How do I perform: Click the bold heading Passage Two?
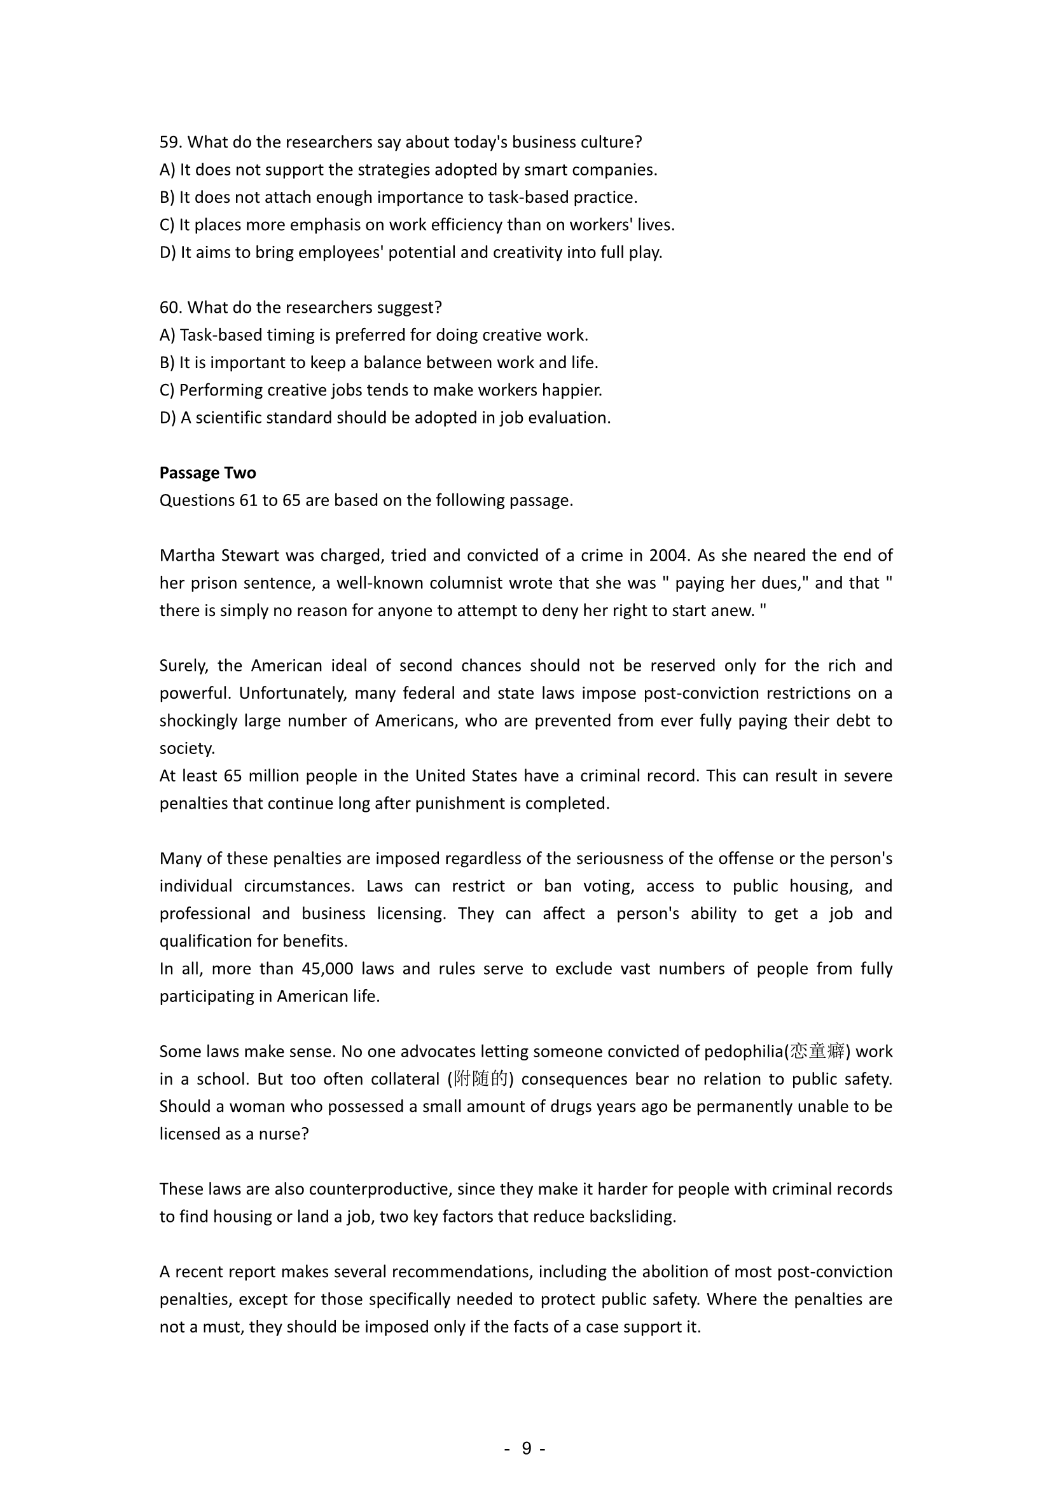pyautogui.click(x=207, y=473)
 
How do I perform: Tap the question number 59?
pyautogui.click(x=170, y=142)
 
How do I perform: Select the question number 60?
pyautogui.click(x=170, y=307)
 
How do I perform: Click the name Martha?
pyautogui.click(x=188, y=555)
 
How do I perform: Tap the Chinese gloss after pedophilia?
pyautogui.click(x=817, y=1051)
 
